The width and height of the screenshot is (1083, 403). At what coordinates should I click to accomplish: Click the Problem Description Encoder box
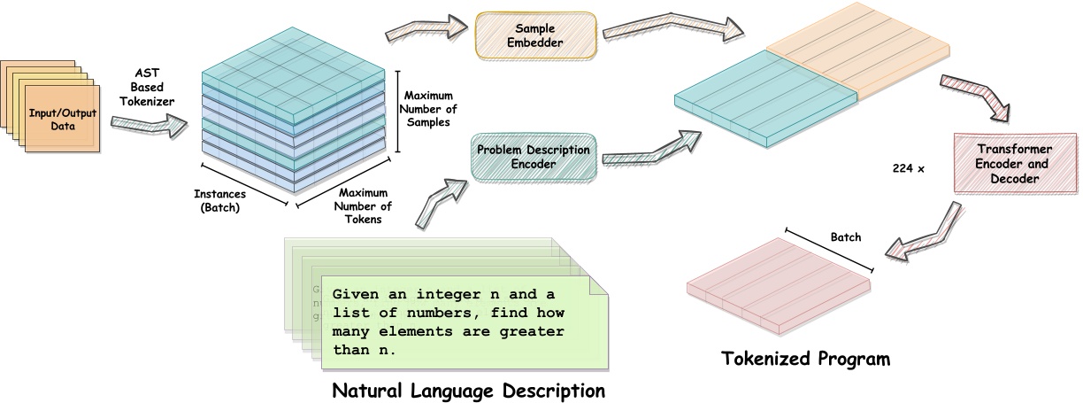coord(533,157)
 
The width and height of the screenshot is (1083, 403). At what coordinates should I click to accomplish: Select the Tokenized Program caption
coord(804,359)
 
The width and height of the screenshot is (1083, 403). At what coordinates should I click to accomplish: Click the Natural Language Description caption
coord(468,390)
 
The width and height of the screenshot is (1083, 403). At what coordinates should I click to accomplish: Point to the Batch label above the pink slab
coord(845,237)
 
